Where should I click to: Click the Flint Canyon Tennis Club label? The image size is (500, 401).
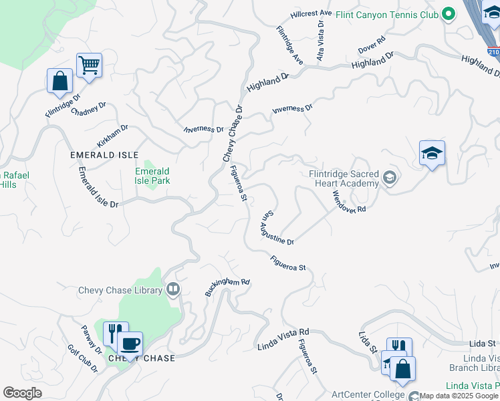[x=387, y=13]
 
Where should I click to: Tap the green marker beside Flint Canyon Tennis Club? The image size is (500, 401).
[x=448, y=13]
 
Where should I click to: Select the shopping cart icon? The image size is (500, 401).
[x=89, y=65]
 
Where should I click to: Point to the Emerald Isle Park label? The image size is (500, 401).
[x=153, y=176]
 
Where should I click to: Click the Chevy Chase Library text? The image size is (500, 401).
[x=120, y=290]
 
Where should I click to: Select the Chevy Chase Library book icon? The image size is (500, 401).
[x=174, y=289]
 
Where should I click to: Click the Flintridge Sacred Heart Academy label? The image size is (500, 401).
[x=344, y=177]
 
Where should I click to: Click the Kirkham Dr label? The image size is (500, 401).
[x=112, y=136]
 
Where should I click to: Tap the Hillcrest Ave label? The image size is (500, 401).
[x=311, y=13]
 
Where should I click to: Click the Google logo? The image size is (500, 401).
[x=23, y=393]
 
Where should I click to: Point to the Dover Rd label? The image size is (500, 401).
[x=372, y=45]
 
